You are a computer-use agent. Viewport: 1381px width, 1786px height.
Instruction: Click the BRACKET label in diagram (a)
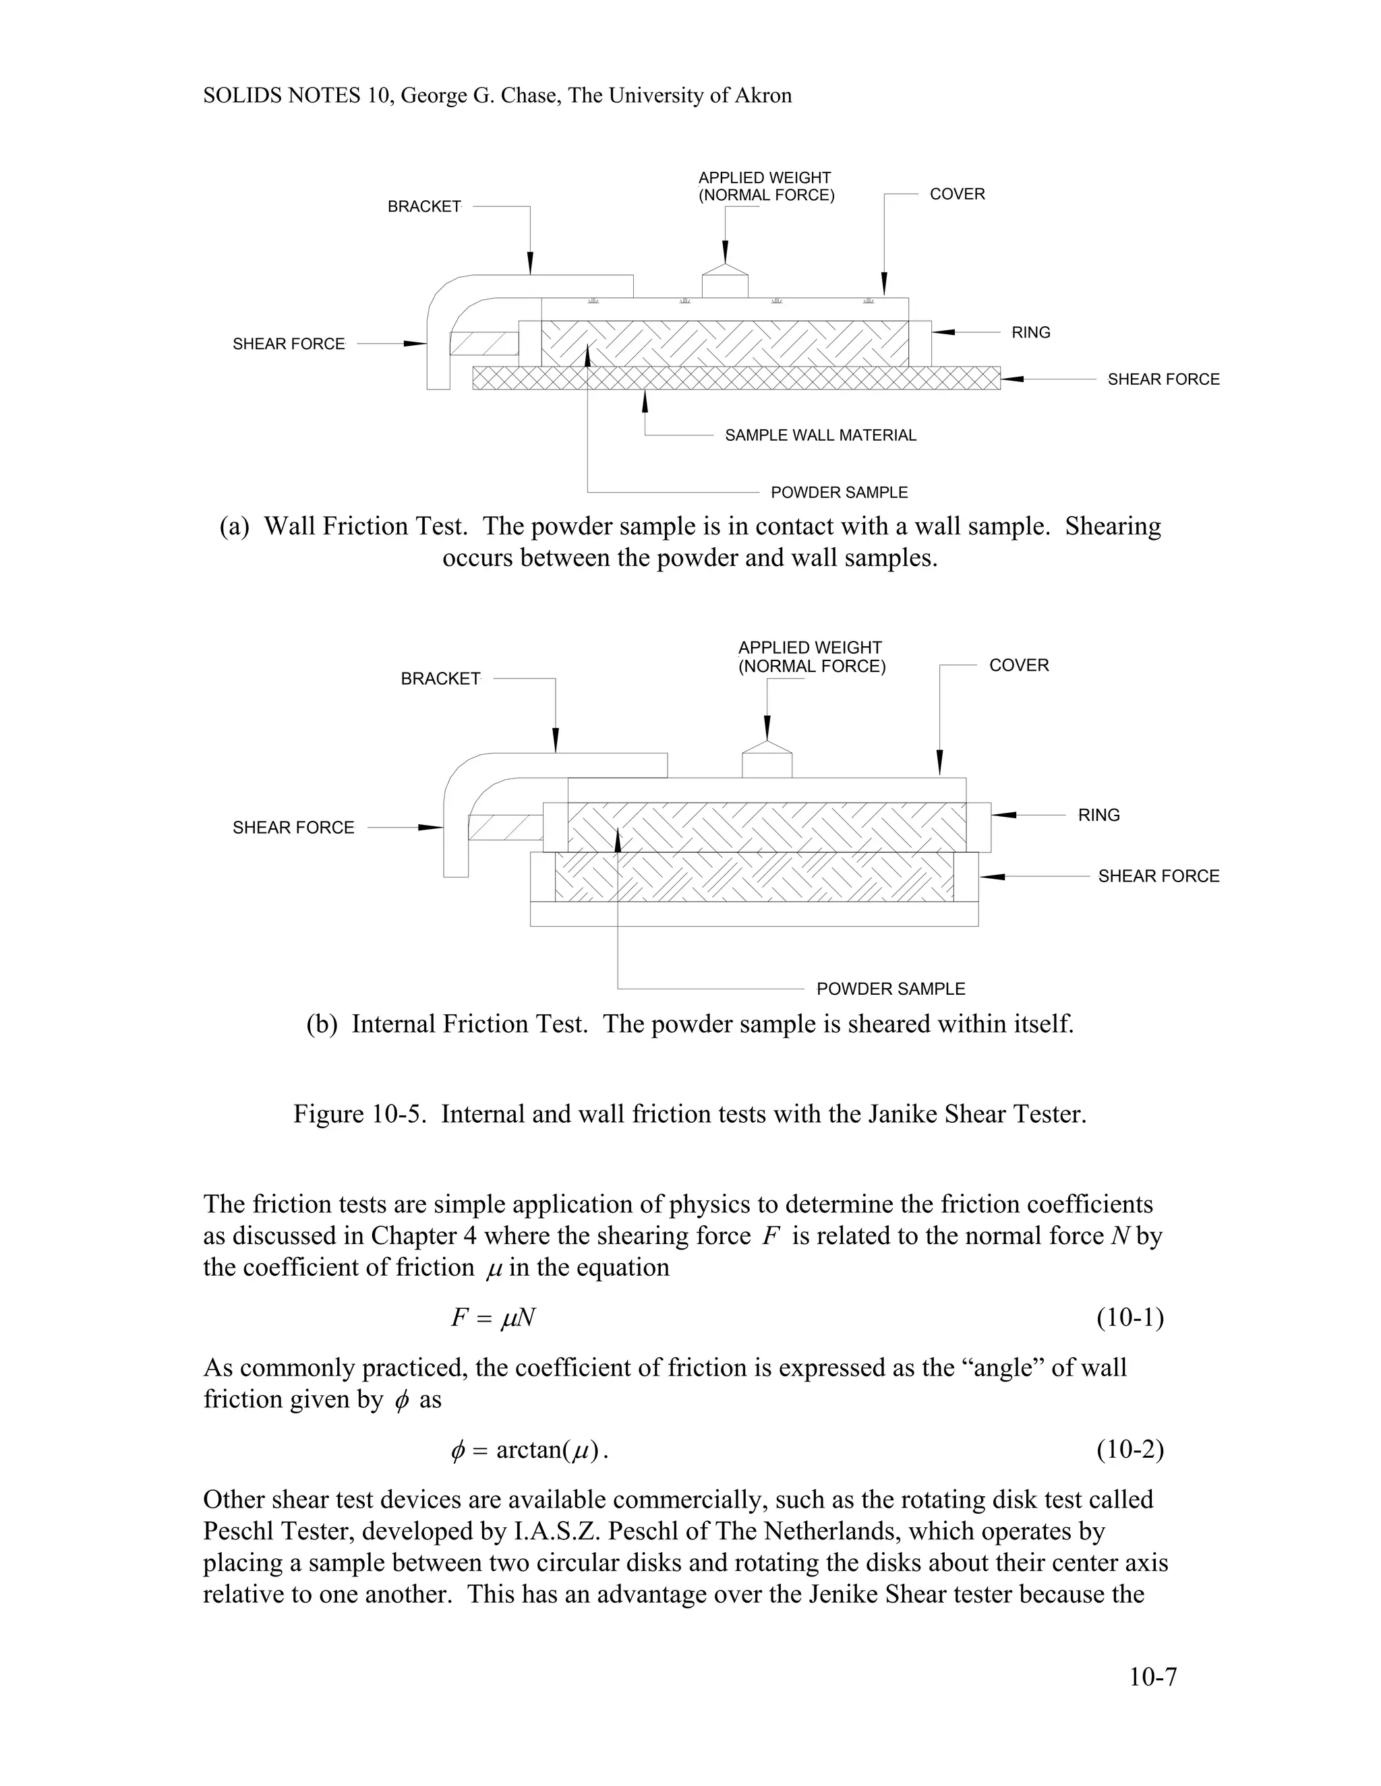[423, 207]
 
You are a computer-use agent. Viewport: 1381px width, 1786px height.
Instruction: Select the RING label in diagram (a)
[1031, 332]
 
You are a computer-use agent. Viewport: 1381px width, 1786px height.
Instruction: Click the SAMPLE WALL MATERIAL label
[821, 435]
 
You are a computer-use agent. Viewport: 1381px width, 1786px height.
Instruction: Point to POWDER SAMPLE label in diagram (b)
[891, 989]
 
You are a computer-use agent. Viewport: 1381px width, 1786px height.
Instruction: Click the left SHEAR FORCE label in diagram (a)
[289, 344]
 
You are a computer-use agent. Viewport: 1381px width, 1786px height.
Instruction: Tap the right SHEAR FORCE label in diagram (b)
[1158, 876]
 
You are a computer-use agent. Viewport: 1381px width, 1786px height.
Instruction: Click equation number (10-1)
[1130, 1318]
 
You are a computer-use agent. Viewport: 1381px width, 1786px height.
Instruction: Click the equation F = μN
[494, 1318]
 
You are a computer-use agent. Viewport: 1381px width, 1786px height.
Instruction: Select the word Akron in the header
[763, 96]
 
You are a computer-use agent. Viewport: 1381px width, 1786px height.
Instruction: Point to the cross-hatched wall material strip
[736, 378]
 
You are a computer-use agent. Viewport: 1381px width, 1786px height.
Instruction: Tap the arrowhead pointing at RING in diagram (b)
[1005, 815]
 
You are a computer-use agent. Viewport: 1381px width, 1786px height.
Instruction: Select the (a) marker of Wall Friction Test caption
[234, 526]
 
